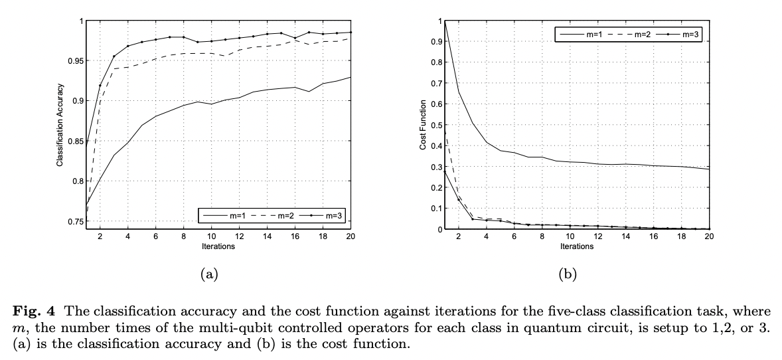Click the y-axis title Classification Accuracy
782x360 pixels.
click(x=59, y=125)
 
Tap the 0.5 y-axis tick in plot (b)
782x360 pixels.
click(x=435, y=125)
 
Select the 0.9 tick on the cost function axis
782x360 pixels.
click(x=435, y=42)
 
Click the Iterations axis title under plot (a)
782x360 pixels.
click(x=216, y=246)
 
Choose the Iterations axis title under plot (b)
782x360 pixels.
click(x=576, y=246)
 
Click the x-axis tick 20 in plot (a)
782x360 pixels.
click(x=350, y=236)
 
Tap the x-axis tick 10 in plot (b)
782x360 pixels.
click(x=570, y=236)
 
